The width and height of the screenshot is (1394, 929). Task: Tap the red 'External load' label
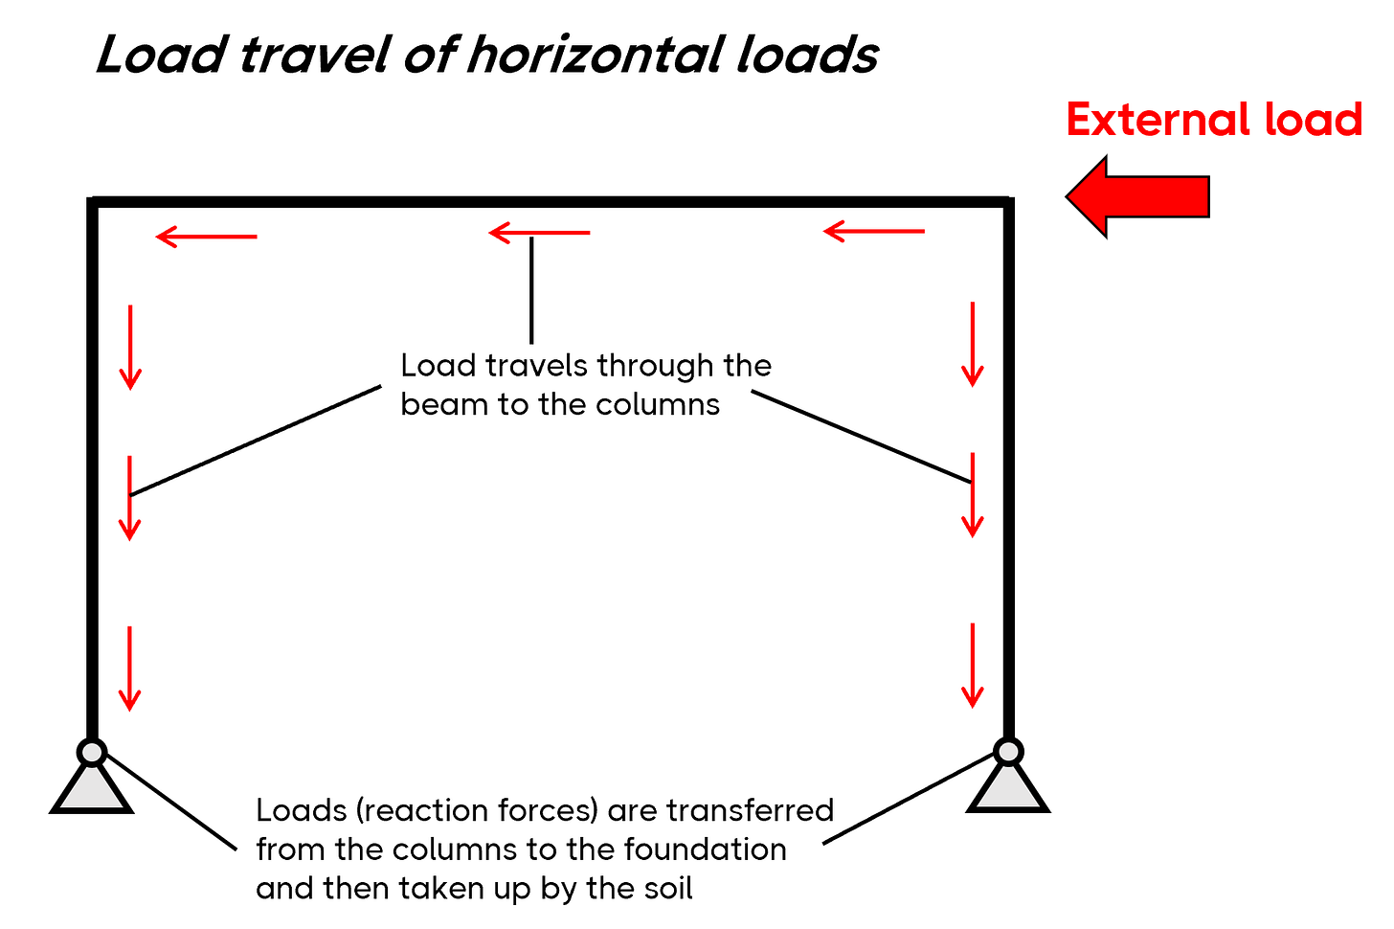tap(1213, 121)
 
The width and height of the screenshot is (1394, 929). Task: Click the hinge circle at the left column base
tap(92, 752)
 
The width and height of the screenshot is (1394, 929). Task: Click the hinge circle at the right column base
tap(1008, 751)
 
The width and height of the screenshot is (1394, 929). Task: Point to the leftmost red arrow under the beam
tap(206, 236)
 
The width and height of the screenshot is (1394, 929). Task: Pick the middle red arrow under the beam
tap(539, 232)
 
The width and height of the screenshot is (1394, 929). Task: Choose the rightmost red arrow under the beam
tap(873, 231)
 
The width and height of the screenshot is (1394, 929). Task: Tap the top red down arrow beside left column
tap(130, 347)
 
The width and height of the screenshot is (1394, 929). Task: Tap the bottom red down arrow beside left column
tap(130, 668)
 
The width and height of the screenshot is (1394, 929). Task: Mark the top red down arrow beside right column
tap(973, 344)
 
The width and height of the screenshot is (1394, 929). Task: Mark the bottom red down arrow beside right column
tap(973, 666)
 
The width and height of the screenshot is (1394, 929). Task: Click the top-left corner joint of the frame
tap(93, 201)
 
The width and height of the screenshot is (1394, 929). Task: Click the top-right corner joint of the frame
tap(1008, 201)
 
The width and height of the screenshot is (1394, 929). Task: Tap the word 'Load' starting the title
tap(159, 56)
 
